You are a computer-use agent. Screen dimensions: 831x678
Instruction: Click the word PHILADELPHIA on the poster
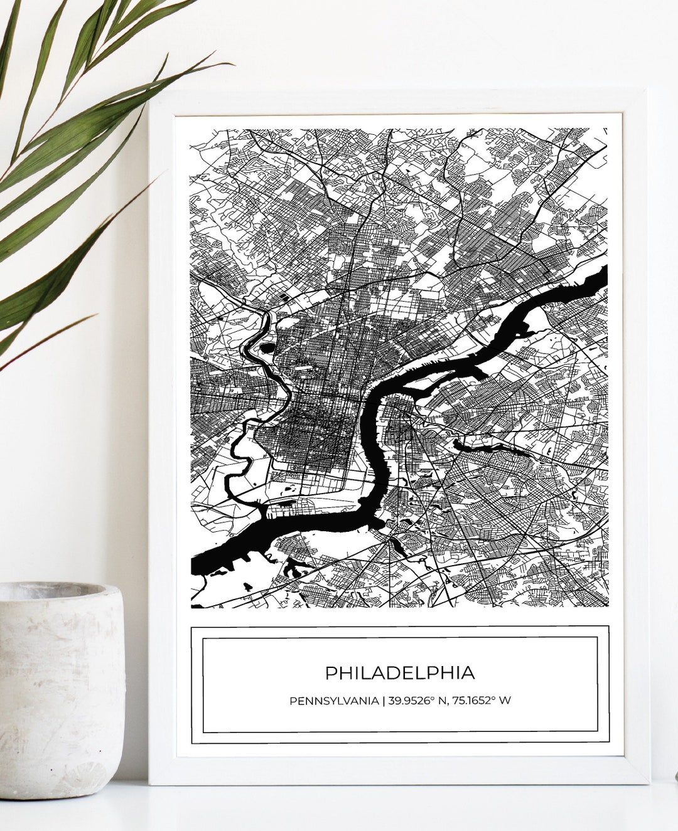click(x=400, y=672)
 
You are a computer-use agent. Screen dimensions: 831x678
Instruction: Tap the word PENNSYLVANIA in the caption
click(x=333, y=700)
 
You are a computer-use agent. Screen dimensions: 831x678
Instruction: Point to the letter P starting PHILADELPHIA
click(x=330, y=672)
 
